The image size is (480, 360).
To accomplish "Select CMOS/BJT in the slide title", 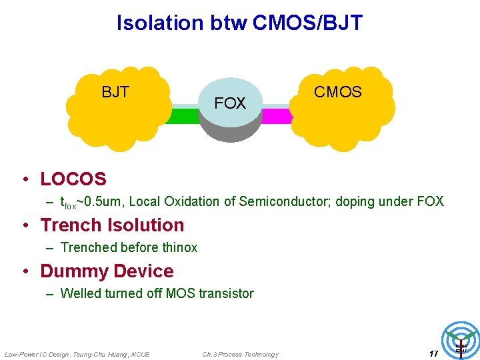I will pos(307,23).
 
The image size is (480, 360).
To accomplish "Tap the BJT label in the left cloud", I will pos(115,92).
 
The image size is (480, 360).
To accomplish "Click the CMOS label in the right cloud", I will pos(338,92).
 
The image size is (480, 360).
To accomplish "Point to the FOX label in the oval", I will pos(230,103).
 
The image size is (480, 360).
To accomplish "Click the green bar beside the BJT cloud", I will pos(181,116).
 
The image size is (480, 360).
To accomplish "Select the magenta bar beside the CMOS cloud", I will pos(277,116).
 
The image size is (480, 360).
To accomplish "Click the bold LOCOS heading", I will pos(73,179).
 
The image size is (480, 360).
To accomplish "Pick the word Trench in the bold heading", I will pos(71,225).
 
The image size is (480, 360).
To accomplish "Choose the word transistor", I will pos(226,293).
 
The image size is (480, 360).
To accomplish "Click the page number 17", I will pos(433,354).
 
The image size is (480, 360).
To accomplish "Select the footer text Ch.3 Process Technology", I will pos(240,354).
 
